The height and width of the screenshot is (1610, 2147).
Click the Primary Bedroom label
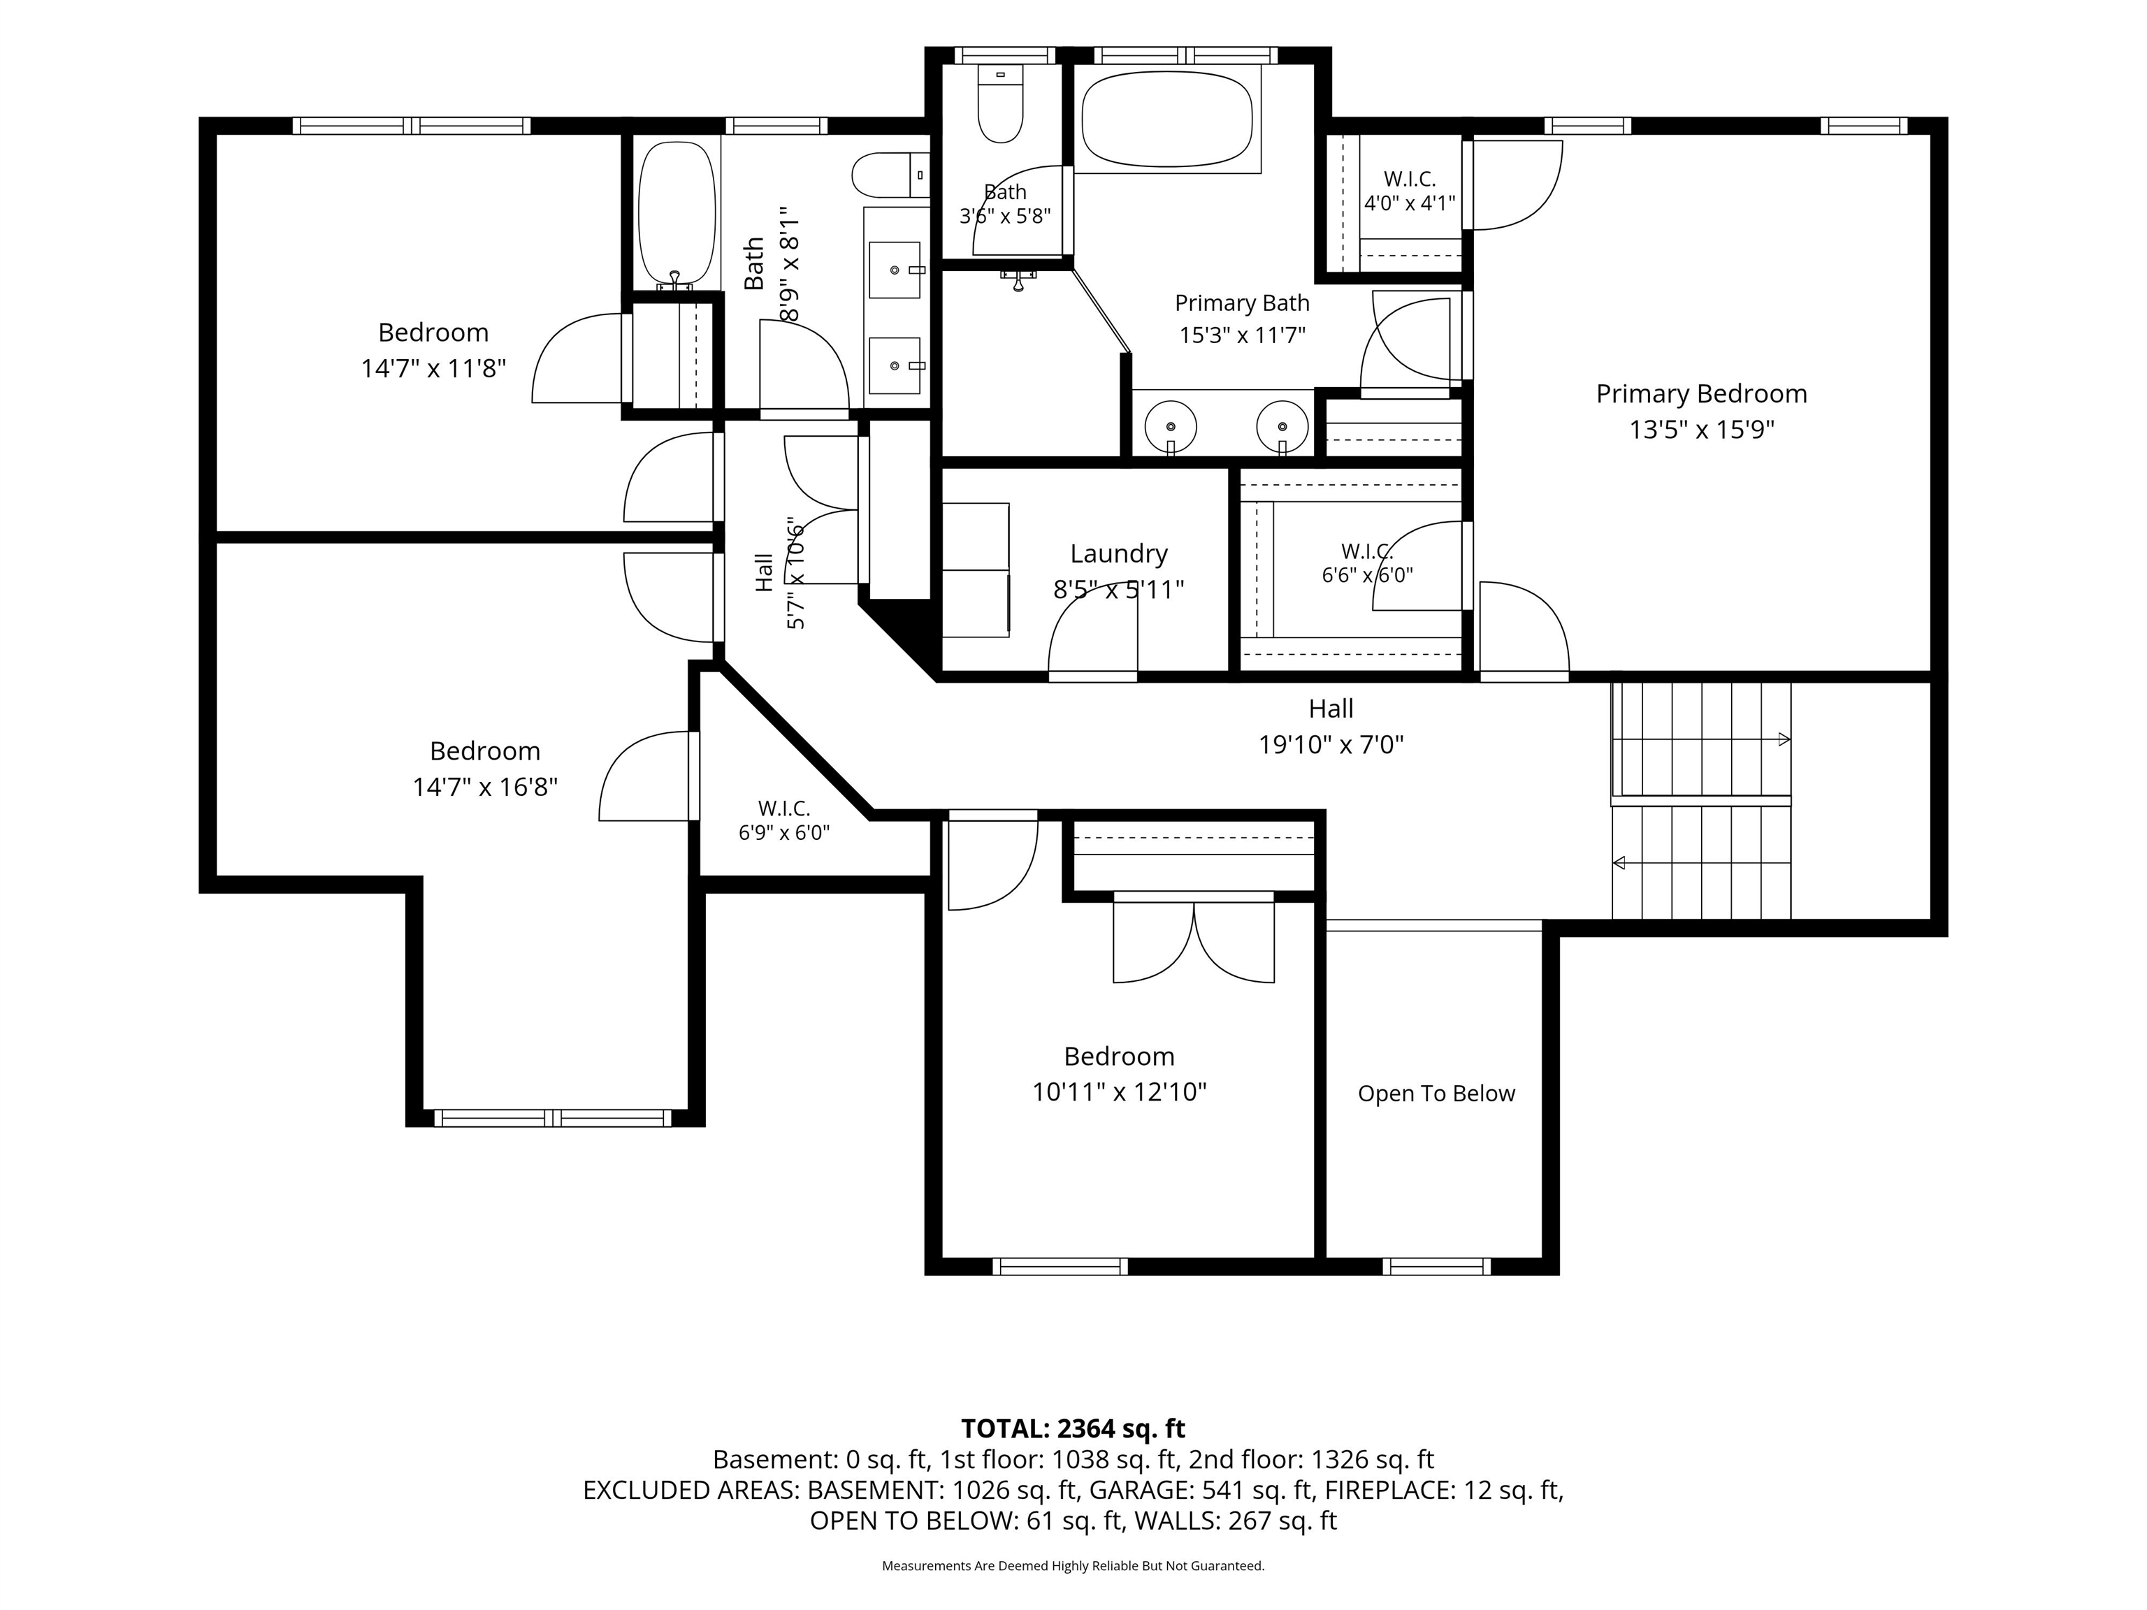coord(1702,394)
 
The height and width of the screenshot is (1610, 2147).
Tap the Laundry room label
coord(1118,554)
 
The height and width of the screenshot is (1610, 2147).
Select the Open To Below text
coord(1436,1094)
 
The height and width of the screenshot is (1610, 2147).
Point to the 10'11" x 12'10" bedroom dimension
coord(1119,1092)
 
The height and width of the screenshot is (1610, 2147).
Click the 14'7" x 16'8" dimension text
coord(485,786)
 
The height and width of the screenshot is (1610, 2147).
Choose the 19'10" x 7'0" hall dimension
coord(1331,744)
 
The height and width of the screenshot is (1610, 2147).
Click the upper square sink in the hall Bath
coord(894,270)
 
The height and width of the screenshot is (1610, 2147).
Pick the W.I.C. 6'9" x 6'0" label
coord(784,821)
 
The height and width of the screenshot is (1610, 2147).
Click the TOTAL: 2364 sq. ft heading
coord(1073,1428)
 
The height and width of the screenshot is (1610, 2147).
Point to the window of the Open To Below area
coord(1436,1265)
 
